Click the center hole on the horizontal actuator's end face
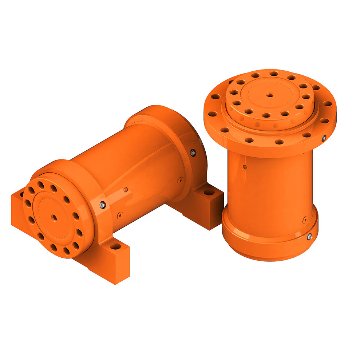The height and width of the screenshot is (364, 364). coord(54,218)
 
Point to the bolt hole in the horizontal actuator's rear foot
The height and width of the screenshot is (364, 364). coord(209,192)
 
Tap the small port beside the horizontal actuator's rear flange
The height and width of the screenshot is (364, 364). coord(180,180)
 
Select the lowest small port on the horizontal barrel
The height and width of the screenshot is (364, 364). coord(119,215)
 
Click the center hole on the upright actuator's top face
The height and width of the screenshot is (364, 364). coord(270,95)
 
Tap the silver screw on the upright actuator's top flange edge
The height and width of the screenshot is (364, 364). coord(324,138)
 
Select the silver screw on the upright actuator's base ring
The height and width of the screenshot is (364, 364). coord(309,237)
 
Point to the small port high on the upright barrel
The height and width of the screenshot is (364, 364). coord(245,167)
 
